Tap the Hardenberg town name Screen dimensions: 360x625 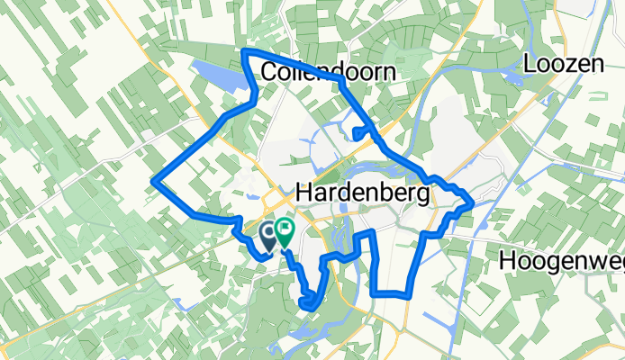363,193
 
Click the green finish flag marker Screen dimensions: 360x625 285,233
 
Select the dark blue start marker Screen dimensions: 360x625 269,236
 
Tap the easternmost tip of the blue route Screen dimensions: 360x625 473,206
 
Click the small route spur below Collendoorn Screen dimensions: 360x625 358,135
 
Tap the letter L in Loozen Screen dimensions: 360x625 530,64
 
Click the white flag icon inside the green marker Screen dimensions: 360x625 285,229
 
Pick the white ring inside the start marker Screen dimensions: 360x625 269,231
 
